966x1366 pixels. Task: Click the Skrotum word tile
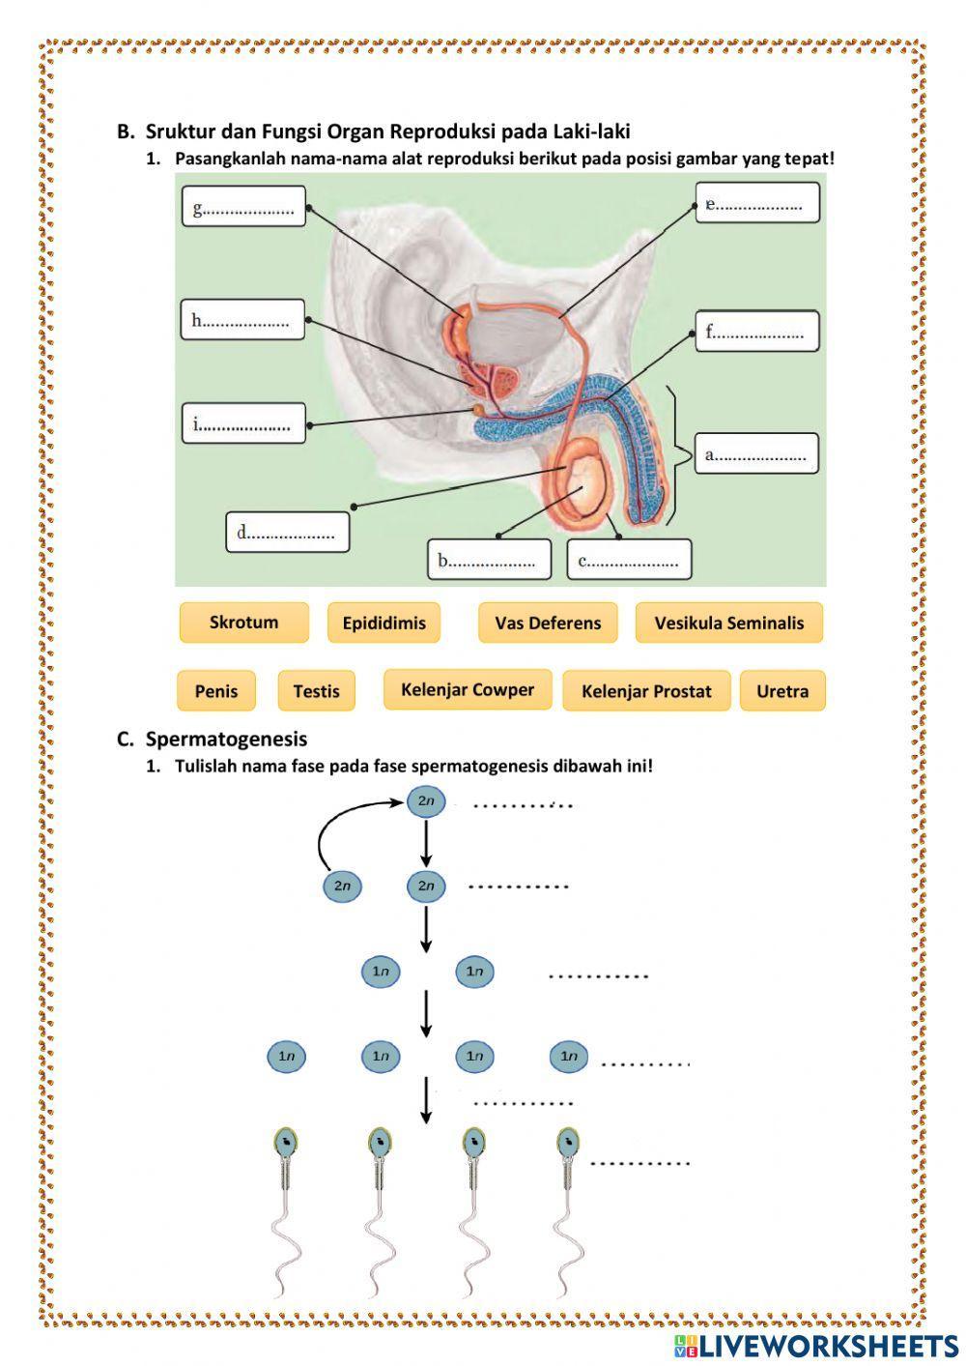click(x=243, y=623)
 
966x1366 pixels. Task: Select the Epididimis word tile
click(x=384, y=623)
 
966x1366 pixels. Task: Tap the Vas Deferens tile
click(x=548, y=623)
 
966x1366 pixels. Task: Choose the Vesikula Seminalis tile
click(x=728, y=623)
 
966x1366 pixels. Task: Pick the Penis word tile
click(x=216, y=691)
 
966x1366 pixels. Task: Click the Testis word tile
click(x=316, y=691)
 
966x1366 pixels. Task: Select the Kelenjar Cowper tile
click(x=468, y=689)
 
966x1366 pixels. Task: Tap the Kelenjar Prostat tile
click(x=646, y=691)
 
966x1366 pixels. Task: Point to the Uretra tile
click(x=782, y=691)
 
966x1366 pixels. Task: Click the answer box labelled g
click(x=243, y=207)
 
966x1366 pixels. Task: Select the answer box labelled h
click(x=242, y=320)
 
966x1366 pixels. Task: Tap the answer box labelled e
click(x=757, y=203)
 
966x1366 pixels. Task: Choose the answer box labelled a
click(x=758, y=453)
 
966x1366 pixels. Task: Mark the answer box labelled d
click(x=287, y=532)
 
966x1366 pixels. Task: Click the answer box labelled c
click(x=629, y=560)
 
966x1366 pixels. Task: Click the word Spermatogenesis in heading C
click(x=226, y=740)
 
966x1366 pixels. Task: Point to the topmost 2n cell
click(x=425, y=801)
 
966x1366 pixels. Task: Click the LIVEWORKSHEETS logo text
click(x=827, y=1346)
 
